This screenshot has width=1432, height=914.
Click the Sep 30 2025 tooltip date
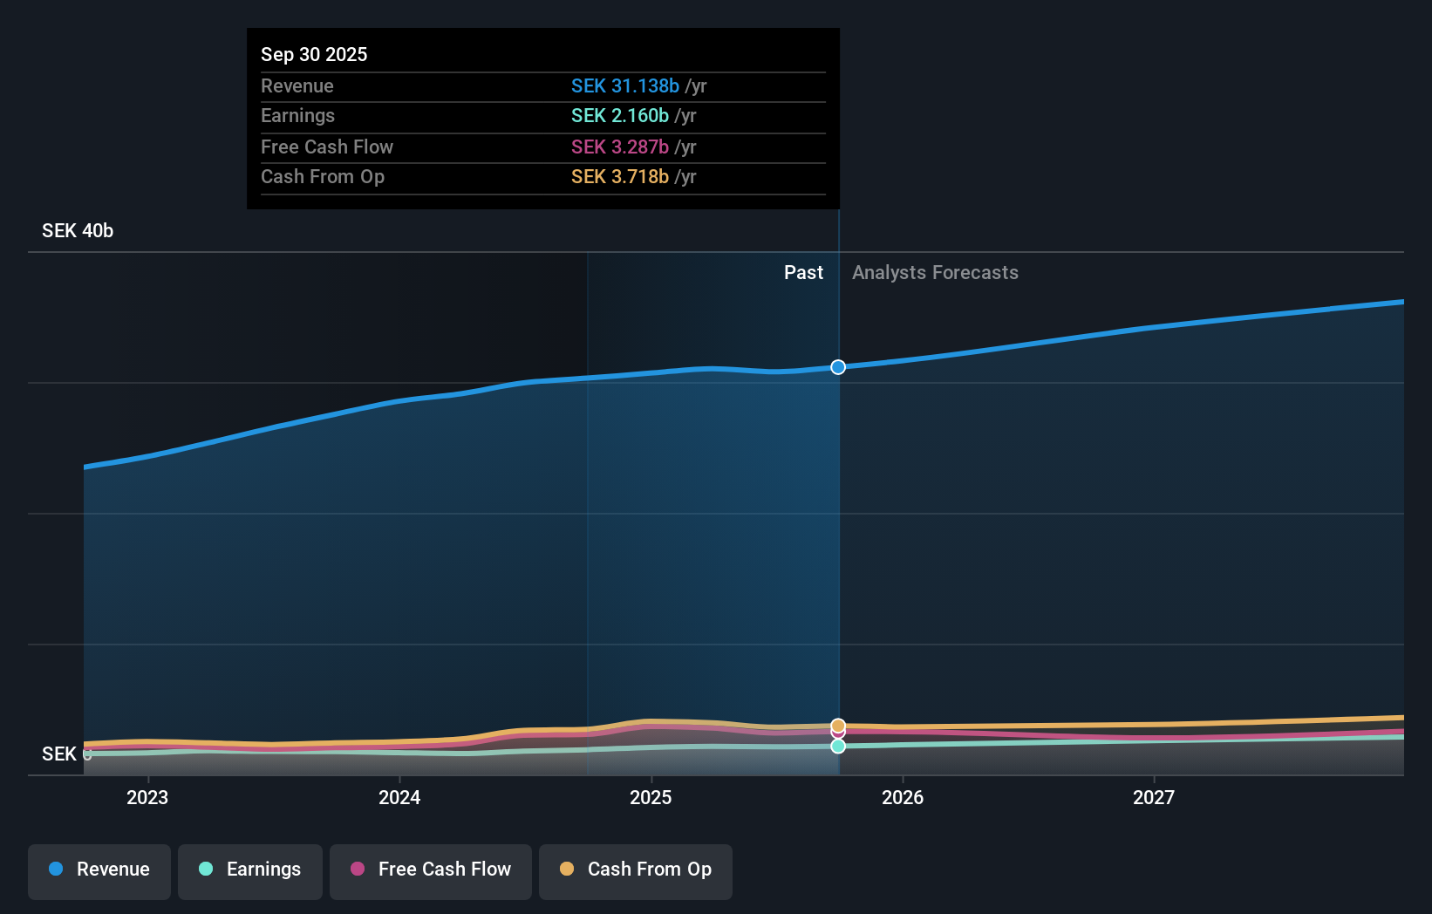tap(314, 54)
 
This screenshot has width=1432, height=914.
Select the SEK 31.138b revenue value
tap(624, 85)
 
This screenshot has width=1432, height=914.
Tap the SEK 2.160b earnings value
tap(619, 116)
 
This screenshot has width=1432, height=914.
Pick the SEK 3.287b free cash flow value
tap(619, 147)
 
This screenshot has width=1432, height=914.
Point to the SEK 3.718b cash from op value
tap(619, 177)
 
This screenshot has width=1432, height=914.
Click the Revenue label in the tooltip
tap(297, 85)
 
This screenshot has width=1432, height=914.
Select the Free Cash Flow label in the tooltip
tap(327, 147)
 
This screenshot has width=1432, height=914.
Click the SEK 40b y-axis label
tap(78, 231)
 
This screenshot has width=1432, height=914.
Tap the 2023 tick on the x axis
tap(147, 797)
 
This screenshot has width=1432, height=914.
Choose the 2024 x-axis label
tap(399, 797)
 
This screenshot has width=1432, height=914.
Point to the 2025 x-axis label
tap(651, 797)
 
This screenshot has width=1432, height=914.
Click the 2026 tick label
tap(903, 797)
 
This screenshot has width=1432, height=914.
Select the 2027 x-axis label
tap(1154, 797)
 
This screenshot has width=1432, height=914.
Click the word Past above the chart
tap(803, 273)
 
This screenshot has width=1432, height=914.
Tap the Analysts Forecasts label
tap(935, 273)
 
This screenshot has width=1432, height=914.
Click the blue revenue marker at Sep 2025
tap(838, 367)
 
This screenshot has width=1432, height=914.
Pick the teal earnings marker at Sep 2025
tap(838, 747)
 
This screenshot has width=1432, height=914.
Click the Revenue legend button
tap(99, 870)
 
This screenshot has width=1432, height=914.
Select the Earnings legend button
tap(250, 870)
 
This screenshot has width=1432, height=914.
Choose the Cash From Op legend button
tap(636, 870)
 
